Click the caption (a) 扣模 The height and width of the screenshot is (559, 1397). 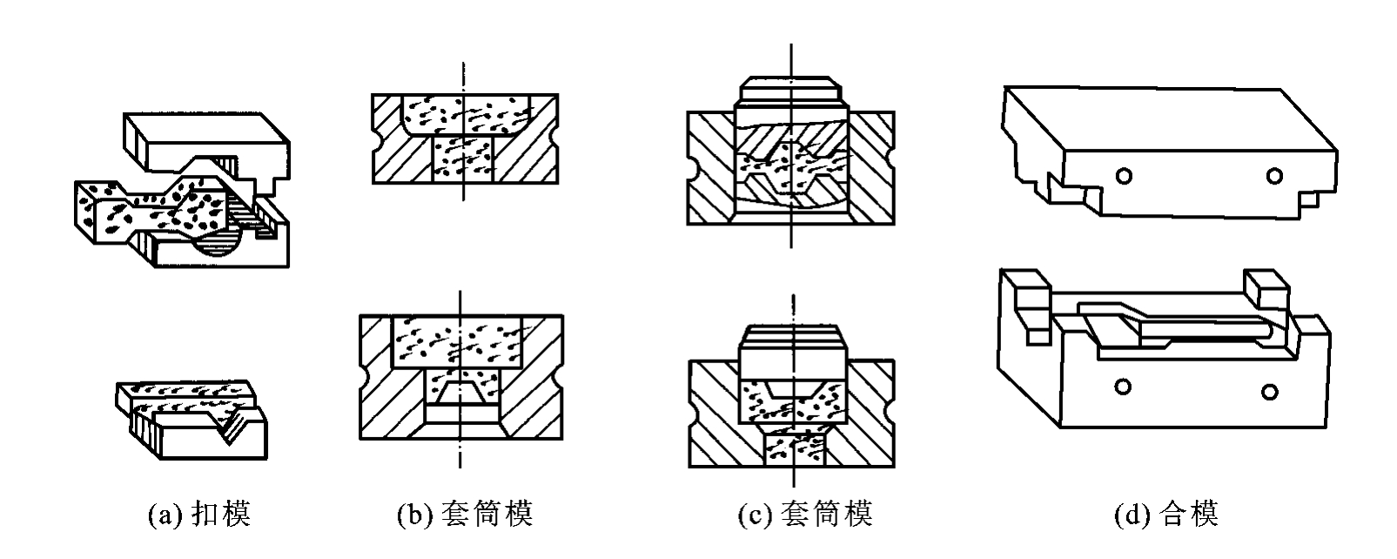click(199, 514)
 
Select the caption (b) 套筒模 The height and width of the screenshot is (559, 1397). click(466, 514)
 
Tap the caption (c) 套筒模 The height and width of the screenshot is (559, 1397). click(805, 514)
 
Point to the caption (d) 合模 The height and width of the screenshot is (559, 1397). click(1167, 514)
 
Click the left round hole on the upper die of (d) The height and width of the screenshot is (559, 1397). click(1124, 177)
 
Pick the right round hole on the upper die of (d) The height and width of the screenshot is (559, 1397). click(1275, 177)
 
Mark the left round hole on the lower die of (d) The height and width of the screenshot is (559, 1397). click(1123, 387)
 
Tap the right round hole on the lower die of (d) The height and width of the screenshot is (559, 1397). click(1270, 393)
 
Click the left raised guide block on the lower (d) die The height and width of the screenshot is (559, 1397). click(1029, 306)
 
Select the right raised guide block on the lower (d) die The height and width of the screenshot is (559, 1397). click(1266, 289)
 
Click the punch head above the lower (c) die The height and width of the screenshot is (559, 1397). click(793, 344)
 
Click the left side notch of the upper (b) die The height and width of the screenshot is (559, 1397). click(376, 138)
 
